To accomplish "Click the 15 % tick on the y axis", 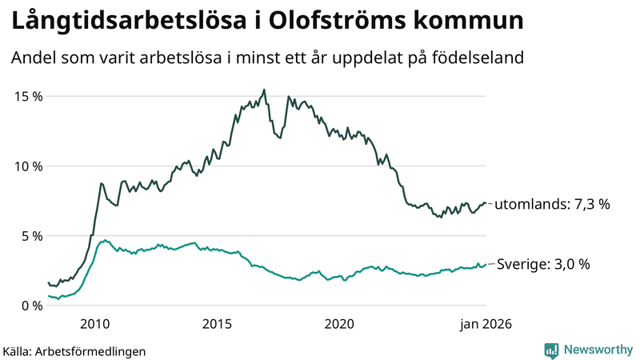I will (x=28, y=96).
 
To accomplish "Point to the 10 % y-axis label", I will (x=28, y=166).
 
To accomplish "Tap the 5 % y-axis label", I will (x=31, y=236).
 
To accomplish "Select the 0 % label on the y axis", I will (x=31, y=306).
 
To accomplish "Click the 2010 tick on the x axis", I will (x=94, y=324).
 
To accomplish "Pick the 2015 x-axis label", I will (x=217, y=324).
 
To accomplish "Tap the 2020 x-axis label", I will (x=339, y=324).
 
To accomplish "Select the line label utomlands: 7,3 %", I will (x=552, y=205).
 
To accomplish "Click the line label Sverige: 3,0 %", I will (x=544, y=264).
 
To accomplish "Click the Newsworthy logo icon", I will (x=551, y=350).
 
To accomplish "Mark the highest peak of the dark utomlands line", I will (x=265, y=90).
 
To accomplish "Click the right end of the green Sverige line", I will (x=486, y=264).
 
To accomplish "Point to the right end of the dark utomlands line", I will (x=486, y=204).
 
